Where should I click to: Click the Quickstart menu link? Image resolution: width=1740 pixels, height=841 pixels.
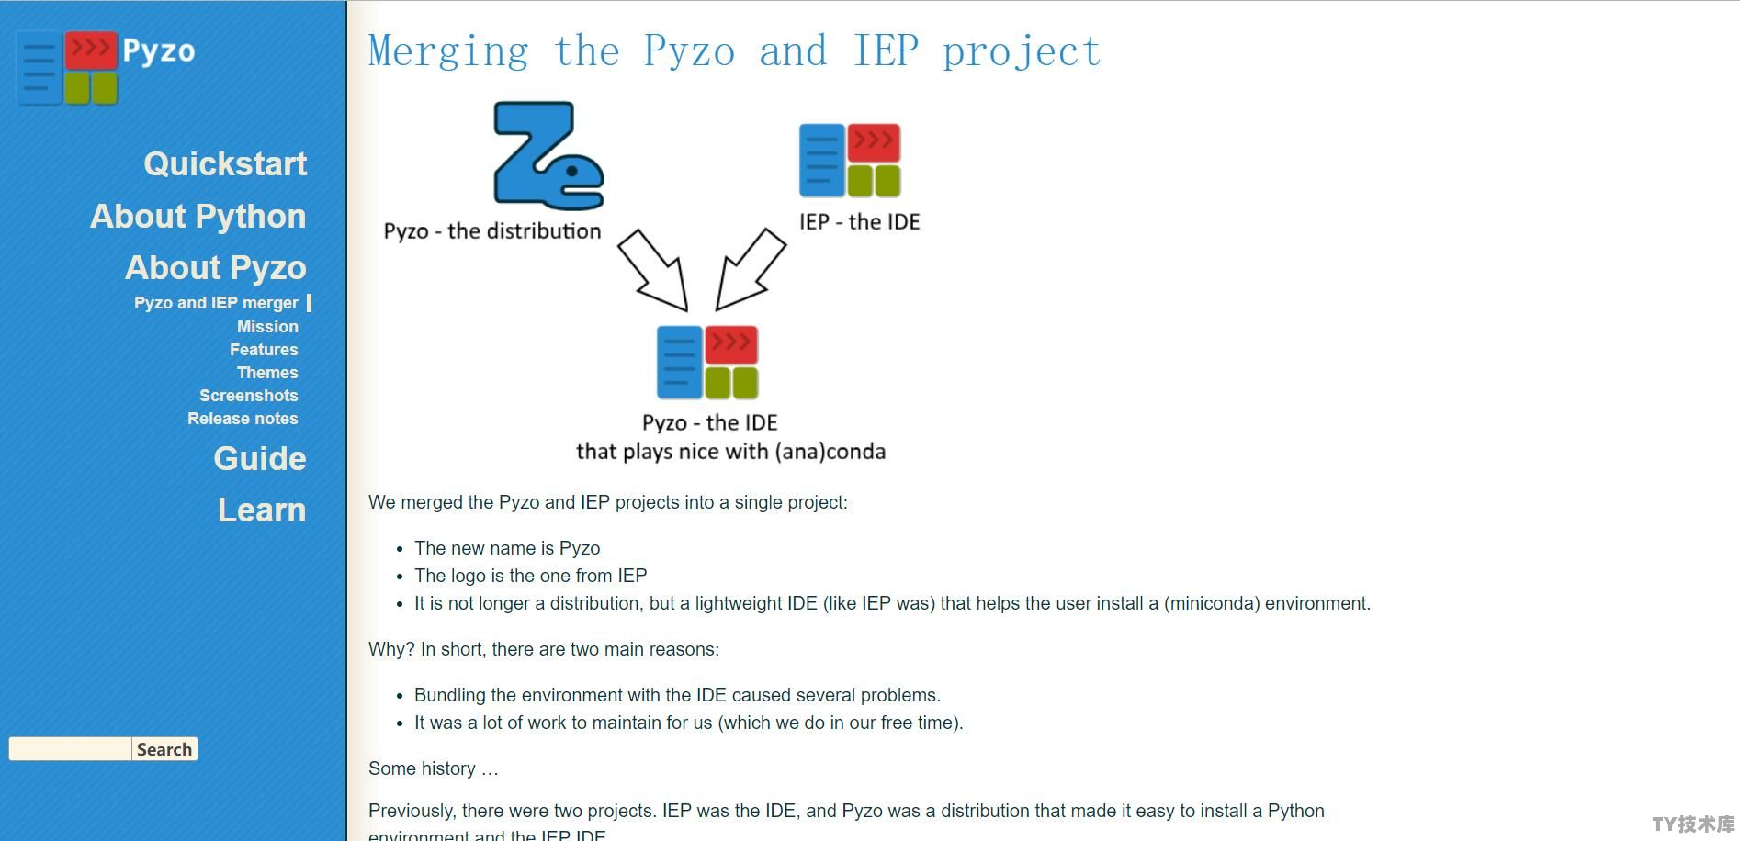(x=225, y=163)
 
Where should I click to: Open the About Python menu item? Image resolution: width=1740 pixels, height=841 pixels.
(x=198, y=216)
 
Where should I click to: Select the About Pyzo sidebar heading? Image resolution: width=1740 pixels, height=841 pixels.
(x=216, y=267)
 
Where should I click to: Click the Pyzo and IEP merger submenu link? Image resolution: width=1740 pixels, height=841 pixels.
(x=216, y=303)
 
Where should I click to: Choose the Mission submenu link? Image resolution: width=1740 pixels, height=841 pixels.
(x=267, y=327)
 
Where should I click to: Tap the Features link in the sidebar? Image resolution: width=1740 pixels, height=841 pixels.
(x=264, y=350)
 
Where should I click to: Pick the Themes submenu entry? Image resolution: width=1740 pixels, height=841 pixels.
(x=267, y=373)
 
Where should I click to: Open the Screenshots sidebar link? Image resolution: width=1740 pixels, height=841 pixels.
(x=248, y=396)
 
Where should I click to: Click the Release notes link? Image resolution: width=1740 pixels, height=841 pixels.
(x=243, y=419)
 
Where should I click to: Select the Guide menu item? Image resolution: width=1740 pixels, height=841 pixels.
(x=260, y=458)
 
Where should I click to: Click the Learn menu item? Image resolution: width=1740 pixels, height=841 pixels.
(x=262, y=510)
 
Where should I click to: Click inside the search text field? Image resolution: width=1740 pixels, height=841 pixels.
(x=70, y=749)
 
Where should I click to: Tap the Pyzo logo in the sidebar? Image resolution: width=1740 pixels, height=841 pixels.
(x=107, y=67)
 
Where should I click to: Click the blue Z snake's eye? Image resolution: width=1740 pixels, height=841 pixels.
(x=572, y=171)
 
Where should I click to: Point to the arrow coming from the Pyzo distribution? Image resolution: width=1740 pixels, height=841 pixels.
(x=653, y=270)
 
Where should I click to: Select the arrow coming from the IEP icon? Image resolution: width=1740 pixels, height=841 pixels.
(x=751, y=269)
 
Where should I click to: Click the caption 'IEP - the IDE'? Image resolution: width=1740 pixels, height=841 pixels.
(x=859, y=222)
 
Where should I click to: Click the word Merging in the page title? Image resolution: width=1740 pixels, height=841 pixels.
(x=448, y=51)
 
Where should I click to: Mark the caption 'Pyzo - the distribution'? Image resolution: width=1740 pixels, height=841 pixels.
(x=492, y=231)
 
